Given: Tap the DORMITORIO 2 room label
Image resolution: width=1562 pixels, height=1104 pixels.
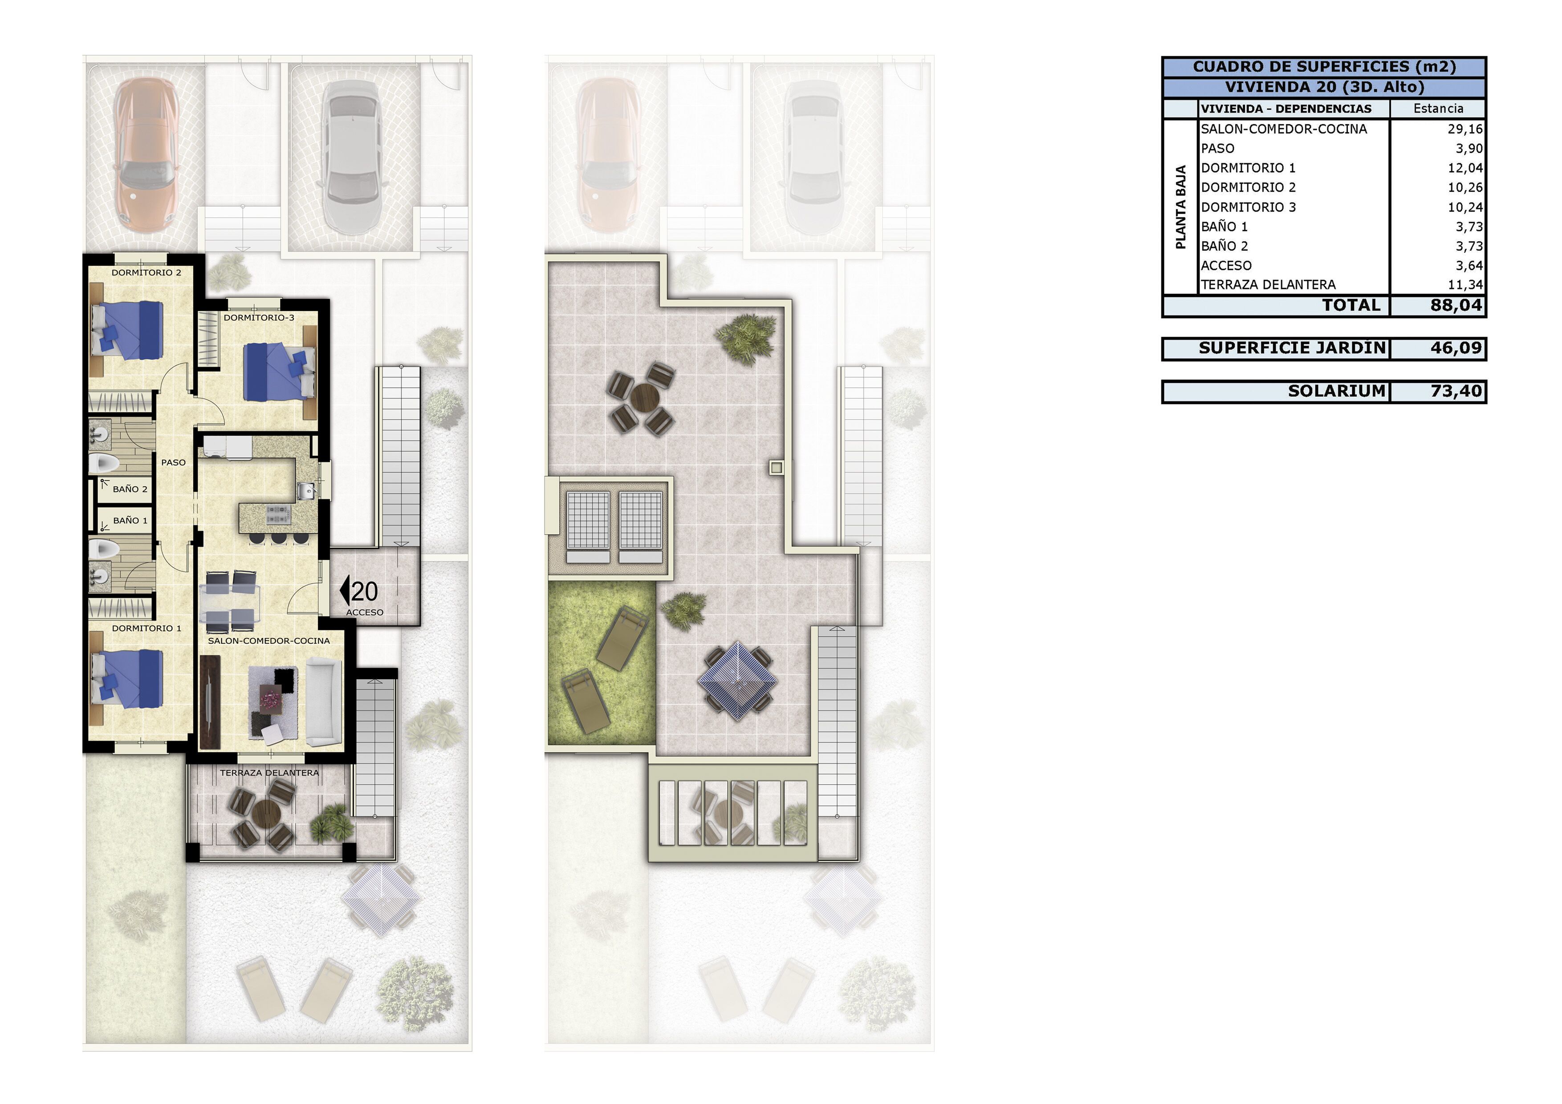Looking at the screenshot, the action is click(146, 273).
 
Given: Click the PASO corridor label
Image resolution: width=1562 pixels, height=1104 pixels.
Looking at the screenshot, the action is click(174, 463).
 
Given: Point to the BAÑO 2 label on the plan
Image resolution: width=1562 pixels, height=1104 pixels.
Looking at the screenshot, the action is click(130, 489).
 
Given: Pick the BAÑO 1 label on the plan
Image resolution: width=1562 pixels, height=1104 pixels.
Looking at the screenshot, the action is click(130, 520).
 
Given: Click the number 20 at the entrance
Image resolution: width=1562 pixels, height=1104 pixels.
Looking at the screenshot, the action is click(365, 592).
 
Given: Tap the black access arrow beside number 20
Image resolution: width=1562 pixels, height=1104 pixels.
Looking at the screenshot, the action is click(344, 590).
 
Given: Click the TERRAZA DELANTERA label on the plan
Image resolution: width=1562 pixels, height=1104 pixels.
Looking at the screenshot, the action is click(269, 773).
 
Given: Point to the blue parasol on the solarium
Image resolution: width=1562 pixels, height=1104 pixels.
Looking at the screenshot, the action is click(737, 680).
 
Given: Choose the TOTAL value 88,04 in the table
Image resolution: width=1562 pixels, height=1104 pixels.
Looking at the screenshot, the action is click(1456, 305).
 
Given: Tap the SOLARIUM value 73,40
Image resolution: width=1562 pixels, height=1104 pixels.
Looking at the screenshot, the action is click(1456, 391).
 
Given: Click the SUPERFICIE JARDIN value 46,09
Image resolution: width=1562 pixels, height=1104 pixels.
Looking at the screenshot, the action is click(1456, 348).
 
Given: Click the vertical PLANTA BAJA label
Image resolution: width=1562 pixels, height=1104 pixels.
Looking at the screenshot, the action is click(1181, 207).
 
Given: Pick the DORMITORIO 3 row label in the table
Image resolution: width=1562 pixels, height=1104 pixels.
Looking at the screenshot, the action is click(1249, 207).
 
